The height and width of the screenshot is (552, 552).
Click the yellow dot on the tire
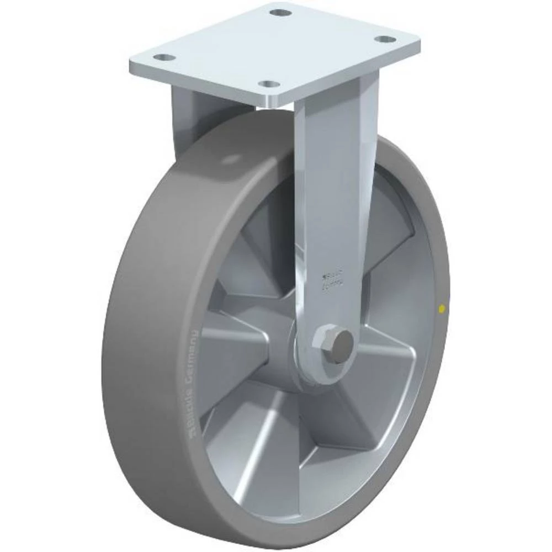pos(440,309)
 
